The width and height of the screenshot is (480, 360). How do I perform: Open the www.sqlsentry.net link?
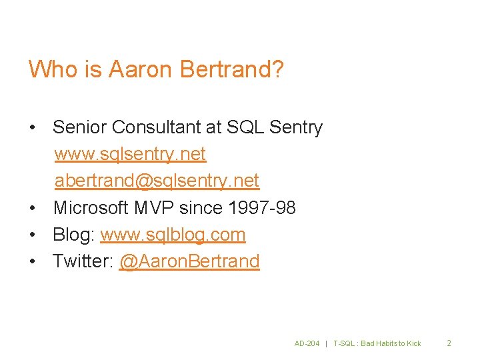(x=130, y=155)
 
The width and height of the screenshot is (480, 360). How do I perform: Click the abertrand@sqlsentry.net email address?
(x=157, y=181)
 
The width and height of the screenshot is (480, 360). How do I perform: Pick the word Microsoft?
(x=91, y=208)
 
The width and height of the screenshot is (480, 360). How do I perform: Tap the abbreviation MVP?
(x=154, y=208)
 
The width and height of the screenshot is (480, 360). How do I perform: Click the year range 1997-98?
(x=261, y=208)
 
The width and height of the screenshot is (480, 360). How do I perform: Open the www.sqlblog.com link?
(x=173, y=235)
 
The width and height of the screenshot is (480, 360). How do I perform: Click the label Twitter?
(x=82, y=261)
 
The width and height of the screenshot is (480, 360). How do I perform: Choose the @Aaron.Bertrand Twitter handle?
(x=189, y=261)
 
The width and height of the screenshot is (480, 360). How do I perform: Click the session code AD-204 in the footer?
(x=307, y=343)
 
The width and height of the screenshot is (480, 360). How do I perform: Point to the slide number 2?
(x=449, y=343)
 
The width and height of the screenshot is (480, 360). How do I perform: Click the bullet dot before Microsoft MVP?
(x=33, y=209)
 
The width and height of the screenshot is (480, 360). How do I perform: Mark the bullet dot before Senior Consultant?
(x=33, y=128)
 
